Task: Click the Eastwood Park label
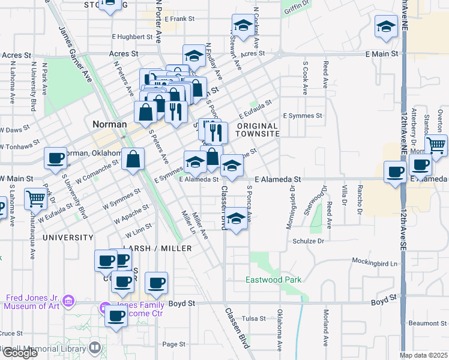click(x=273, y=280)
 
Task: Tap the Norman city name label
click(x=109, y=124)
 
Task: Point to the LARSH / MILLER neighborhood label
click(x=157, y=248)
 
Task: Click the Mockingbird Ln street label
click(x=375, y=263)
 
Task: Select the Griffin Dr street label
click(x=298, y=4)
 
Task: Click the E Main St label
click(x=382, y=54)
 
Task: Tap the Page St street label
click(x=173, y=344)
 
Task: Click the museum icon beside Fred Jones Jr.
click(x=68, y=299)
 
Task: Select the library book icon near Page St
click(x=95, y=347)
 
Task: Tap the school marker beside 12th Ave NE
click(x=386, y=26)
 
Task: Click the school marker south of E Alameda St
click(x=236, y=219)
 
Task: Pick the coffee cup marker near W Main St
click(x=55, y=158)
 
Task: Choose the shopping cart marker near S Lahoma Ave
click(x=35, y=197)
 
